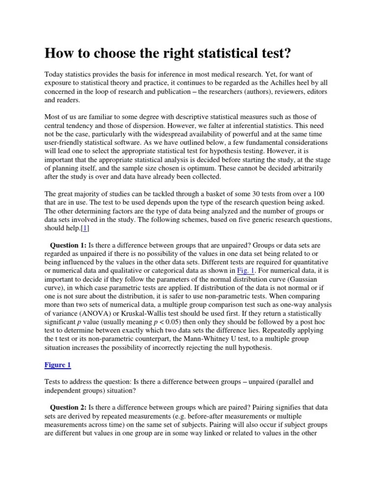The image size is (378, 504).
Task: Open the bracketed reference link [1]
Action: click(x=84, y=228)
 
